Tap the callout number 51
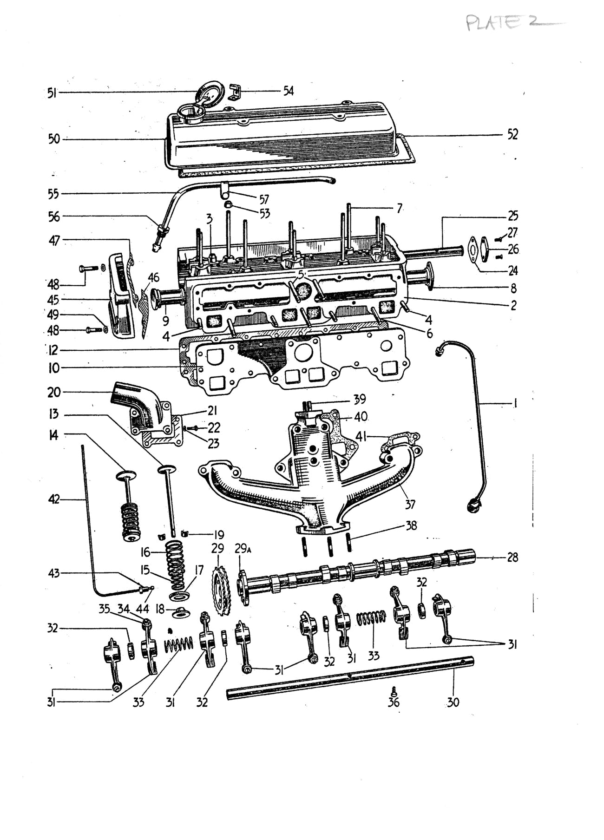[x=52, y=93]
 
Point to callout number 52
[x=512, y=135]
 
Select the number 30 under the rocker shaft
[x=453, y=702]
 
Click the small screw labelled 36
[x=394, y=690]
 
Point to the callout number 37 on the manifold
[x=410, y=504]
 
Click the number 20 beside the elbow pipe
[x=54, y=393]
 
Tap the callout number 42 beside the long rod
[x=54, y=499]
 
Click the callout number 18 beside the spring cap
[x=160, y=609]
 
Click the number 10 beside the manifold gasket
[x=54, y=368]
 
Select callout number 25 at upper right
[x=513, y=216]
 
